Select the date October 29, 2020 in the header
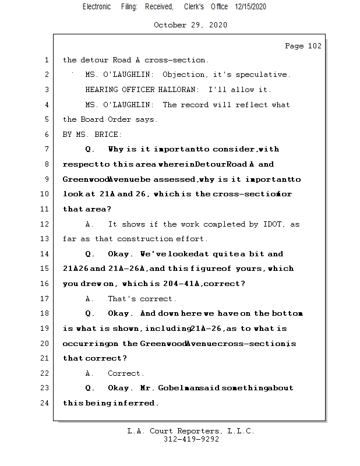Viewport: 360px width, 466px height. click(190, 25)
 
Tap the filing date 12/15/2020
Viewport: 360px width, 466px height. click(251, 6)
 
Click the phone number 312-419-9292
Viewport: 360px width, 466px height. click(191, 439)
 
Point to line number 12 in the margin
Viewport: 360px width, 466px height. click(45, 224)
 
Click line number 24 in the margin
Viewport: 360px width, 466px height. click(45, 403)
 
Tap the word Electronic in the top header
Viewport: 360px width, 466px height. click(97, 6)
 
